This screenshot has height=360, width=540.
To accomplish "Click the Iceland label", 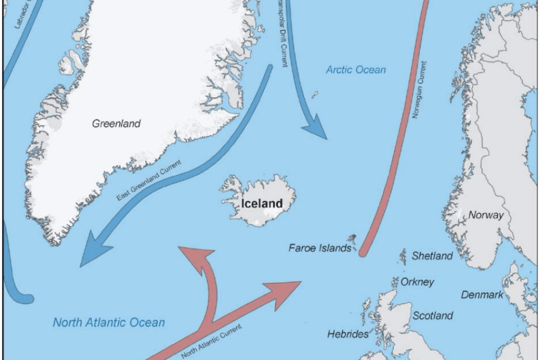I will [262, 204].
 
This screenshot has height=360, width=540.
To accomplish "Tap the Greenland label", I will [117, 124].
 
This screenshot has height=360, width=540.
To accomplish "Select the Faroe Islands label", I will [320, 249].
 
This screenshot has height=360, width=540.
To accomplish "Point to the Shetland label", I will [431, 256].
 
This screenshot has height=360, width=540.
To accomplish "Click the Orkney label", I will [417, 282].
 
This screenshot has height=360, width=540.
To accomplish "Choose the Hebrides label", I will [348, 334].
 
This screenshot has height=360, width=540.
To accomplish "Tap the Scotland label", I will [433, 316].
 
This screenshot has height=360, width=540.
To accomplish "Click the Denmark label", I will [482, 295].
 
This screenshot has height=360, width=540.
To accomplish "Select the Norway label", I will [486, 215].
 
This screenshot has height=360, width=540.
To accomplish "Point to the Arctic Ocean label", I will [355, 70].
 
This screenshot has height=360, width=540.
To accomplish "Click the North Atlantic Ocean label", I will [109, 322].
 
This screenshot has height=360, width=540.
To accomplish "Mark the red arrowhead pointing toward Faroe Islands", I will [287, 286].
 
